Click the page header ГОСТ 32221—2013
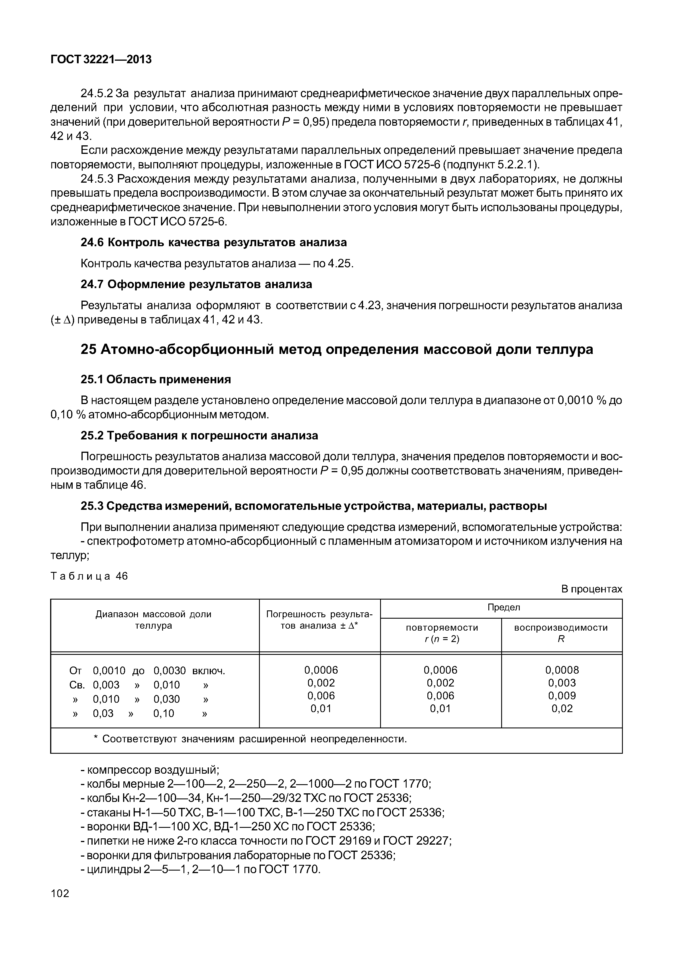[x=101, y=60]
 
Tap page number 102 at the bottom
[x=60, y=893]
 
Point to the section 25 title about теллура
[x=336, y=349]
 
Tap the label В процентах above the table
[x=591, y=589]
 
